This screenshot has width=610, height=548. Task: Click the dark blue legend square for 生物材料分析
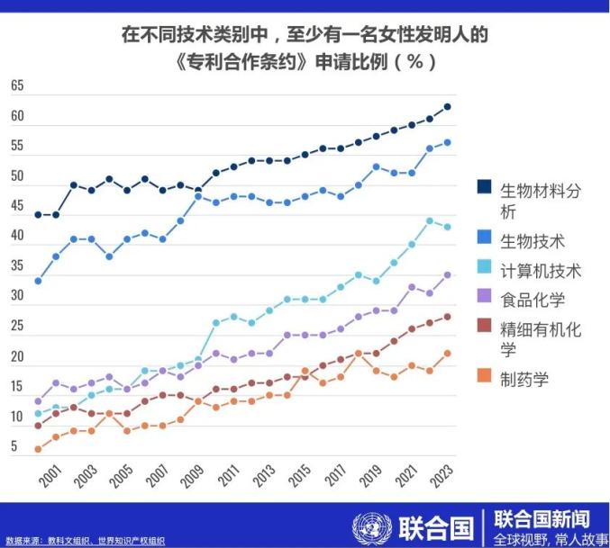tap(484, 187)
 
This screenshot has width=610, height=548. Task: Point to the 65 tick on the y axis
tap(17, 86)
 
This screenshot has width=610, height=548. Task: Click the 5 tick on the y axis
tap(14, 447)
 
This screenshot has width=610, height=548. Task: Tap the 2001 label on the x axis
tap(50, 476)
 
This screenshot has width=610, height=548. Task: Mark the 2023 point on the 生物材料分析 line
tap(448, 106)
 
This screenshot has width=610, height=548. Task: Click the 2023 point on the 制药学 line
tap(448, 353)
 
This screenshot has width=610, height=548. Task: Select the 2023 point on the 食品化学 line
tap(448, 274)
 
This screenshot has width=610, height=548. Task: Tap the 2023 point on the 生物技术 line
tap(448, 142)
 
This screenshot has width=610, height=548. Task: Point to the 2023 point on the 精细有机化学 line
tap(448, 317)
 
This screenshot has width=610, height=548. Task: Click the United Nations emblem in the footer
tap(369, 527)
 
